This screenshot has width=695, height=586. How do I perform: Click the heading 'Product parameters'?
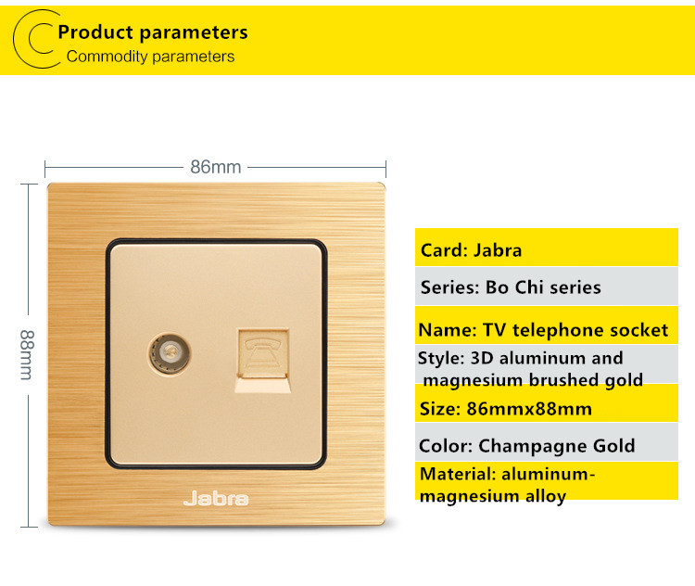[153, 32]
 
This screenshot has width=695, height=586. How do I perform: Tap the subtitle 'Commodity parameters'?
[150, 57]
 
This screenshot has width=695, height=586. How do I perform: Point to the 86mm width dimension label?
[215, 167]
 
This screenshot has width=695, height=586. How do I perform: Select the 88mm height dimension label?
[27, 355]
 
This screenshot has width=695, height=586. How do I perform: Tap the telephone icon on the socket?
[263, 351]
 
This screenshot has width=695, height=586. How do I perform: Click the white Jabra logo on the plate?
[216, 499]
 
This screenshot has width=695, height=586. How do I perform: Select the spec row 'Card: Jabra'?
[547, 248]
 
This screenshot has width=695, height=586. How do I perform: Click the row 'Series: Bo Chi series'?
[547, 287]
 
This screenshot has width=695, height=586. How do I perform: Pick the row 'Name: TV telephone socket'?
[547, 325]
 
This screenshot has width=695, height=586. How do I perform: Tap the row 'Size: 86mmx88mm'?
[547, 403]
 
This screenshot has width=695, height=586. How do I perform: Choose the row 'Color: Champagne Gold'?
[547, 442]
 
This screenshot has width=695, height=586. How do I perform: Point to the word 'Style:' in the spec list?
[441, 359]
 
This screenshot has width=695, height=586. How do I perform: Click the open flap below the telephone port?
[263, 384]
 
